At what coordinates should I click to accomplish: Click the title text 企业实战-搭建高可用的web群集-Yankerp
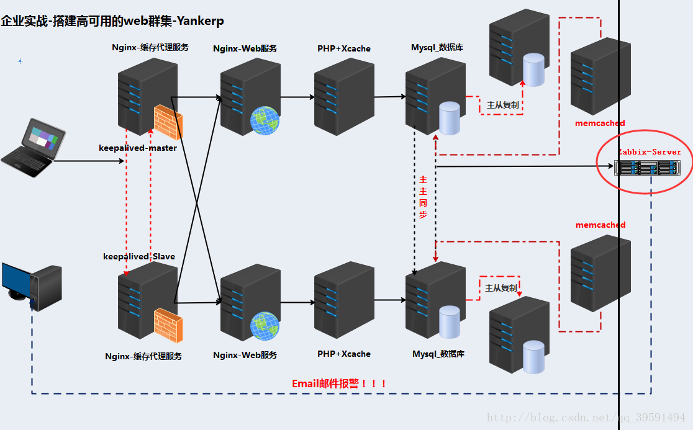pos(112,21)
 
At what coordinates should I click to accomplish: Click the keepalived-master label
pos(138,148)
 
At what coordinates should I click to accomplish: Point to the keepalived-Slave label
pos(139,256)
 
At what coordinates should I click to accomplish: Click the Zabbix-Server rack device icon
pos(647,168)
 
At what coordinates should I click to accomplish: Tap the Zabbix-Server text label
pos(650,152)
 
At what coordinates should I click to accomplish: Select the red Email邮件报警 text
pos(340,383)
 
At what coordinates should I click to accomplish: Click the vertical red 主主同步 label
pos(423,197)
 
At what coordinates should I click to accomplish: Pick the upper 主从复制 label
pos(502,105)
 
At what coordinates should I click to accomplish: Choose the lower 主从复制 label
pos(500,289)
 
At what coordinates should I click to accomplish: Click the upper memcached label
pos(600,123)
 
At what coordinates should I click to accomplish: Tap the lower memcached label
pos(600,225)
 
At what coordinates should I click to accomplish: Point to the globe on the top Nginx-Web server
pos(265,120)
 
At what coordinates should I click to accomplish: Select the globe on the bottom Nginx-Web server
pos(265,326)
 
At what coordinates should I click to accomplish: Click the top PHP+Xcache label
pos(344,48)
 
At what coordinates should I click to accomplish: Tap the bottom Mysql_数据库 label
pos(438,354)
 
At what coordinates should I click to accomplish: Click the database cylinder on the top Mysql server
pos(450,119)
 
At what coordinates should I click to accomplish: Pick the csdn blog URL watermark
pos(586,418)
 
